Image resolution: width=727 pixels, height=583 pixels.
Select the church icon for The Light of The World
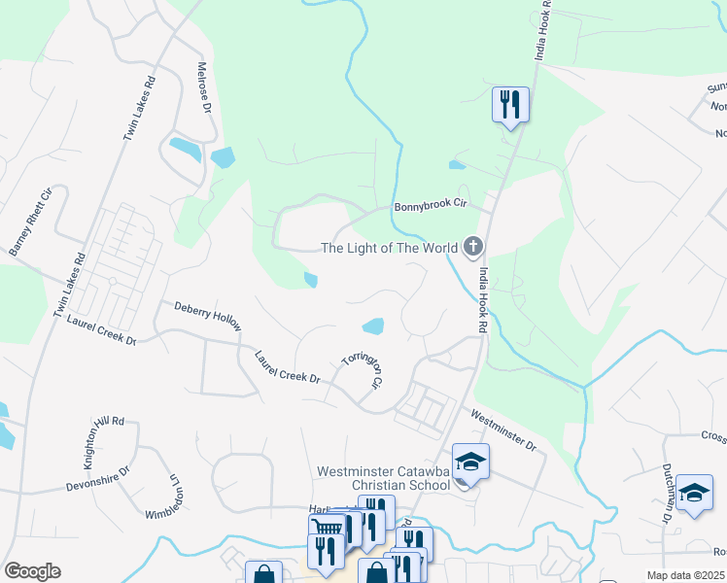tap(472, 247)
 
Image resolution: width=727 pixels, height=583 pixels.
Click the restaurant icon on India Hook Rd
tap(510, 103)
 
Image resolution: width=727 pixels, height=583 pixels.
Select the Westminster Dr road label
tap(503, 430)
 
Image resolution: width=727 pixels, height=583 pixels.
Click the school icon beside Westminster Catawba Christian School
tap(470, 461)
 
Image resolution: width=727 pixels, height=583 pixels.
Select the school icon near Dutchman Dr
tap(694, 492)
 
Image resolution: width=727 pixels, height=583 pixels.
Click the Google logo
tap(32, 571)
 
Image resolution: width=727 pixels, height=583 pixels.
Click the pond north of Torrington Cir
tap(372, 325)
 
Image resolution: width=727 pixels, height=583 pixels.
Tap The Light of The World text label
tap(389, 248)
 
